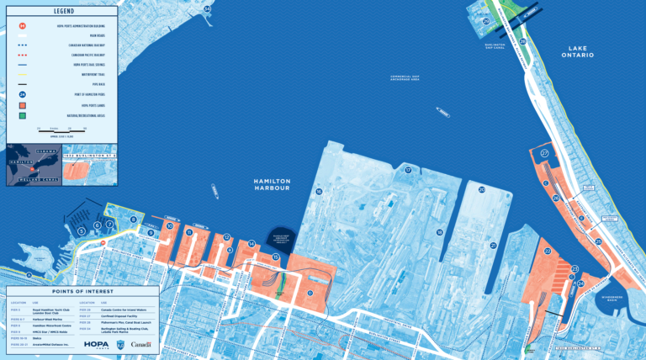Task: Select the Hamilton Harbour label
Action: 272,184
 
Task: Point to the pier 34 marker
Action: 207,9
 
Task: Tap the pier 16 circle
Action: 319,192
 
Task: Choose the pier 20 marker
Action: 481,190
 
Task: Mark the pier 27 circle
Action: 544,153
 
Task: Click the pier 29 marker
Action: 523,40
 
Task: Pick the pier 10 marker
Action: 170,226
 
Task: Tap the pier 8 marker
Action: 133,220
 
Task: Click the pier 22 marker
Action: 548,251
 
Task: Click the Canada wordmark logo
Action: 141,343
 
